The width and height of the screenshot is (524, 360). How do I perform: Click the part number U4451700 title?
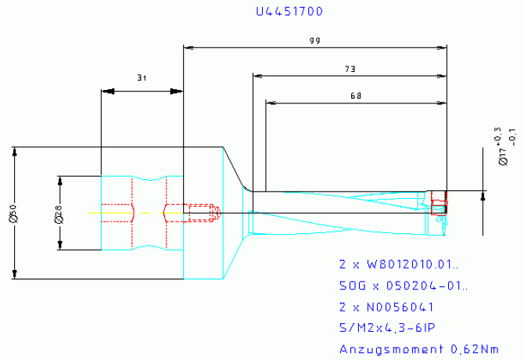click(289, 12)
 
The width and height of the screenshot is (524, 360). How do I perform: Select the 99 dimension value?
click(315, 38)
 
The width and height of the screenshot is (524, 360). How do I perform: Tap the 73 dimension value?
click(350, 69)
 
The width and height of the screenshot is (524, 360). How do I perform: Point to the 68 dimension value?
click(356, 95)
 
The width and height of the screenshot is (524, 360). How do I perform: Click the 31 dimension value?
click(142, 77)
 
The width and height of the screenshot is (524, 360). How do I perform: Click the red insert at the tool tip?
click(439, 203)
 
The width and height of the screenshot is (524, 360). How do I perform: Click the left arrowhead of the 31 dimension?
click(107, 91)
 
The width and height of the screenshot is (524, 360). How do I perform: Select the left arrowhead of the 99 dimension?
click(188, 47)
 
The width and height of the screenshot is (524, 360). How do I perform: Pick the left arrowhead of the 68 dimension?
click(271, 103)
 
